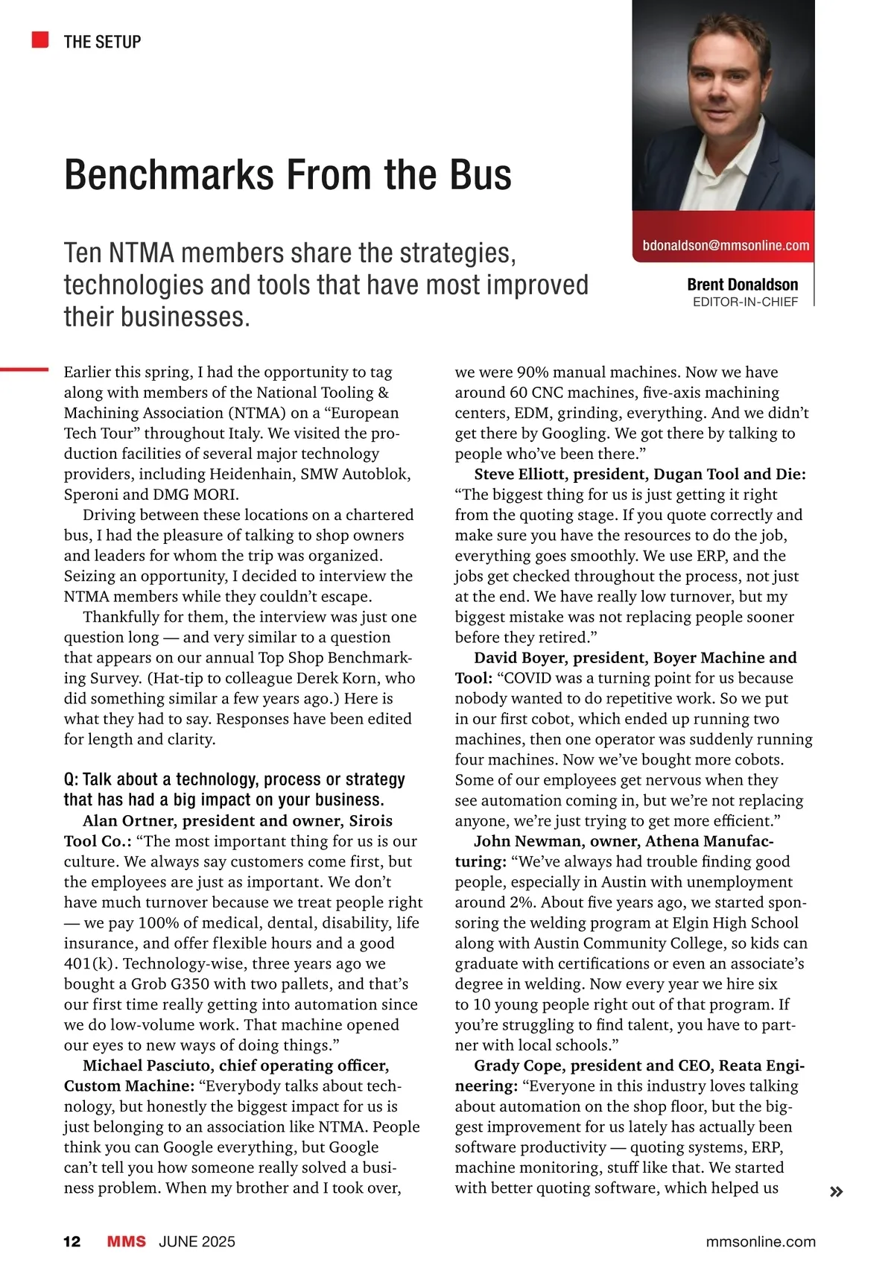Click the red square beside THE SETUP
click(x=40, y=39)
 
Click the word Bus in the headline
click(x=480, y=175)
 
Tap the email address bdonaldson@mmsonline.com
click(x=725, y=245)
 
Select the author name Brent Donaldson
click(x=742, y=285)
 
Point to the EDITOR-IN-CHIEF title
click(x=745, y=302)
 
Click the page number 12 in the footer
click(x=72, y=1241)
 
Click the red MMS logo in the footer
click(x=127, y=1241)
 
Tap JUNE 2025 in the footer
click(x=197, y=1241)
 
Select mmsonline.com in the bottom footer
click(x=760, y=1241)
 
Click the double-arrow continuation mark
click(x=836, y=1192)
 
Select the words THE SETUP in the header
click(x=102, y=42)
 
